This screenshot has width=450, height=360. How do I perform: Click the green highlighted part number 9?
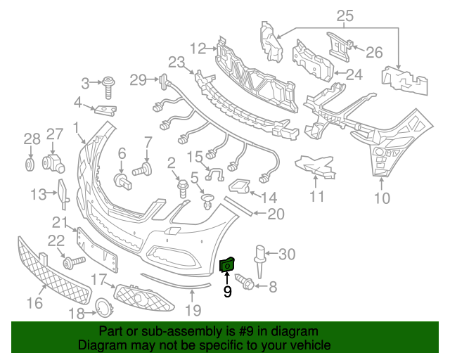pos(228,265)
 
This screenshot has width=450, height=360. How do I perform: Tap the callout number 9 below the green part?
pos(227,291)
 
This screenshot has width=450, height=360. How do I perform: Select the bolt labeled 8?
pos(247,283)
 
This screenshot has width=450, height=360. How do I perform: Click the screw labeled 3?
pos(110,87)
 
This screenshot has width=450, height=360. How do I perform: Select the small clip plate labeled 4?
pos(106,110)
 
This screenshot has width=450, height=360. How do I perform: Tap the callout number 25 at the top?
pos(345,15)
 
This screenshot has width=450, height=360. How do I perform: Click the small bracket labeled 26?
pos(340,44)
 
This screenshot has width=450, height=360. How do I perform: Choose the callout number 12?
pos(198,48)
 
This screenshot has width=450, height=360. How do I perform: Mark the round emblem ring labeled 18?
pos(102,307)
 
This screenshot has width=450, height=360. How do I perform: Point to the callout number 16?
pos(34,303)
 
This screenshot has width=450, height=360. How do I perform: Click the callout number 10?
pos(380,198)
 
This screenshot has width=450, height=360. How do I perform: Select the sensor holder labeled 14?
pos(241,186)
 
